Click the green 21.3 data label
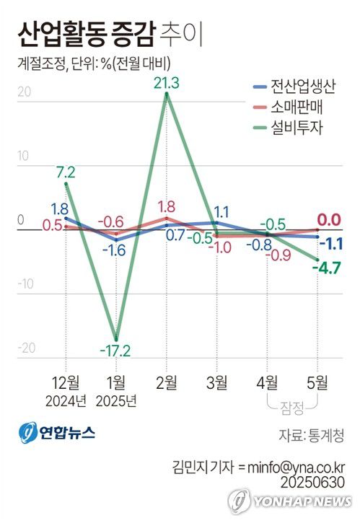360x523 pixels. point(167,84)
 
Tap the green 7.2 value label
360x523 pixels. point(66,172)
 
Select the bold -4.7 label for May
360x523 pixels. point(326,269)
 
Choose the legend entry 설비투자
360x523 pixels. point(297,127)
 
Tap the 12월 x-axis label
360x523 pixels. point(66,380)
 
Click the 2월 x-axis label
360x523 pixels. point(167,380)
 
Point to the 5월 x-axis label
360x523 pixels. point(317,380)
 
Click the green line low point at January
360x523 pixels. point(116,338)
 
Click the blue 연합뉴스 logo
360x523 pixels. point(58,433)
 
